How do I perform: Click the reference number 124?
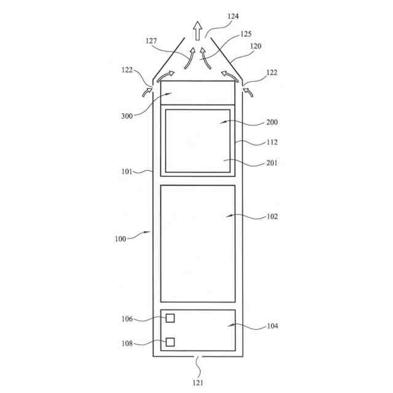[233, 17]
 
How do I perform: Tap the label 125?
[246, 34]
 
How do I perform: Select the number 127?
[151, 41]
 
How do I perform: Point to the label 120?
[255, 46]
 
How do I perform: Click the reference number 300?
[127, 116]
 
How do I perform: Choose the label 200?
[272, 122]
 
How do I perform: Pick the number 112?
[272, 142]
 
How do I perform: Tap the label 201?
[272, 163]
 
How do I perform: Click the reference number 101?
[127, 172]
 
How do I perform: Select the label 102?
[272, 217]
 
